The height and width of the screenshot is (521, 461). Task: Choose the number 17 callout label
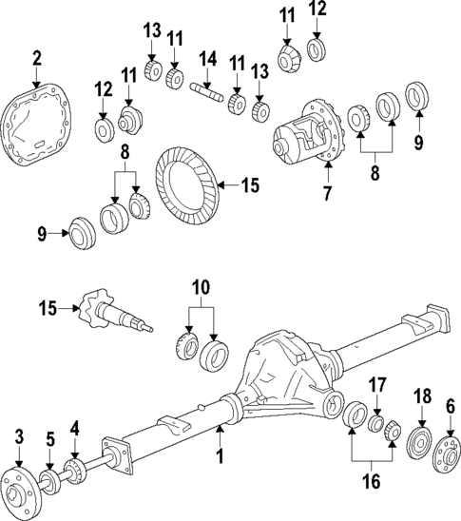[376, 385]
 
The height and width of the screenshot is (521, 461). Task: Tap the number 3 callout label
[18, 435]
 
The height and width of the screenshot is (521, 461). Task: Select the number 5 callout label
[51, 441]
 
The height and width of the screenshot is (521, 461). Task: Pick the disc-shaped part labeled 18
[415, 446]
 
